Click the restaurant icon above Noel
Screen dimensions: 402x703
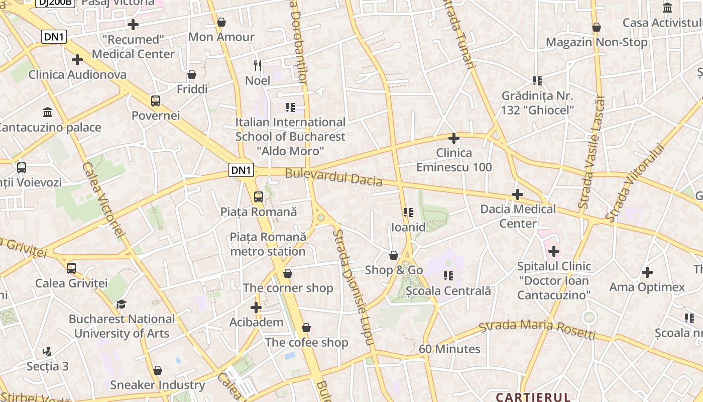coord(258,65)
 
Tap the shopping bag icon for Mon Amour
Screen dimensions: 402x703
coord(221,22)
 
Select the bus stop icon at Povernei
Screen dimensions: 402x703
coord(156,101)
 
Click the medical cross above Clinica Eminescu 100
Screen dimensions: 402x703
coord(454,138)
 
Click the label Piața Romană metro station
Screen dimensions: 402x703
coord(268,244)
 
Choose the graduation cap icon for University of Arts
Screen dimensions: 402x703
coord(121,304)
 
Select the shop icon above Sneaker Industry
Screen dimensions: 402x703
coord(158,370)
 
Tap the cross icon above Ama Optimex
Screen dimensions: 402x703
coord(647,273)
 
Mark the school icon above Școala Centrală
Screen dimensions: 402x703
coord(448,276)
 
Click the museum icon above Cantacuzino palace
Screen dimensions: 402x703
coord(48,112)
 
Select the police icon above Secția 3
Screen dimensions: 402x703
coord(47,351)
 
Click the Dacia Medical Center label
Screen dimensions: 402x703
coord(518,216)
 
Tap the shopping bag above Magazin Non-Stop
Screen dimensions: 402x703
coord(597,27)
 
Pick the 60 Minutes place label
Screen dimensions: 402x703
coord(449,349)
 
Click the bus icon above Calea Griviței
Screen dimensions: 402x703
coord(71,268)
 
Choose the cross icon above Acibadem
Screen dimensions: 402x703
coord(256,307)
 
